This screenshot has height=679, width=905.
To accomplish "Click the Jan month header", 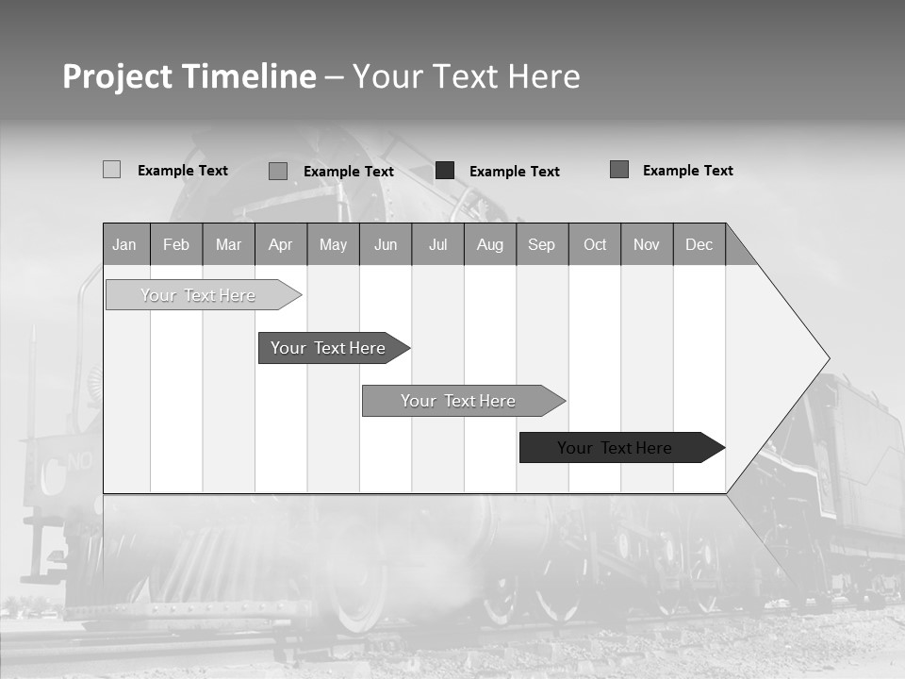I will tap(125, 244).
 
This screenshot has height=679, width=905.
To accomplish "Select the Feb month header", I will tap(176, 244).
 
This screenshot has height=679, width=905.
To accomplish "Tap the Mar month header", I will tap(228, 244).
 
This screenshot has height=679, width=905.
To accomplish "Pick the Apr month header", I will tap(281, 244).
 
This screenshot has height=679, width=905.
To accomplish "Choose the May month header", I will tap(333, 244).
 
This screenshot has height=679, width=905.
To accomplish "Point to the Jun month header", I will tap(386, 244).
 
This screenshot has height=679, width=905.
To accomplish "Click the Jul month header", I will tap(437, 244).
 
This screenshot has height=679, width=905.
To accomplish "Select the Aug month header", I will tap(490, 244).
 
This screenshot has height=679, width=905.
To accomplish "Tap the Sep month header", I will tap(542, 244).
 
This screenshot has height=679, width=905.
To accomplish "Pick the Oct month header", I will tap(595, 244).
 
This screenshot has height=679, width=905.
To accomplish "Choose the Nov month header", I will tap(647, 244).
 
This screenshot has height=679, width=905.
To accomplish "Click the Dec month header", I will tap(699, 244).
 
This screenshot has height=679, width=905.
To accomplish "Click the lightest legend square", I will tap(111, 170).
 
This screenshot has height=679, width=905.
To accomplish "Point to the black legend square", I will tap(445, 171).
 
